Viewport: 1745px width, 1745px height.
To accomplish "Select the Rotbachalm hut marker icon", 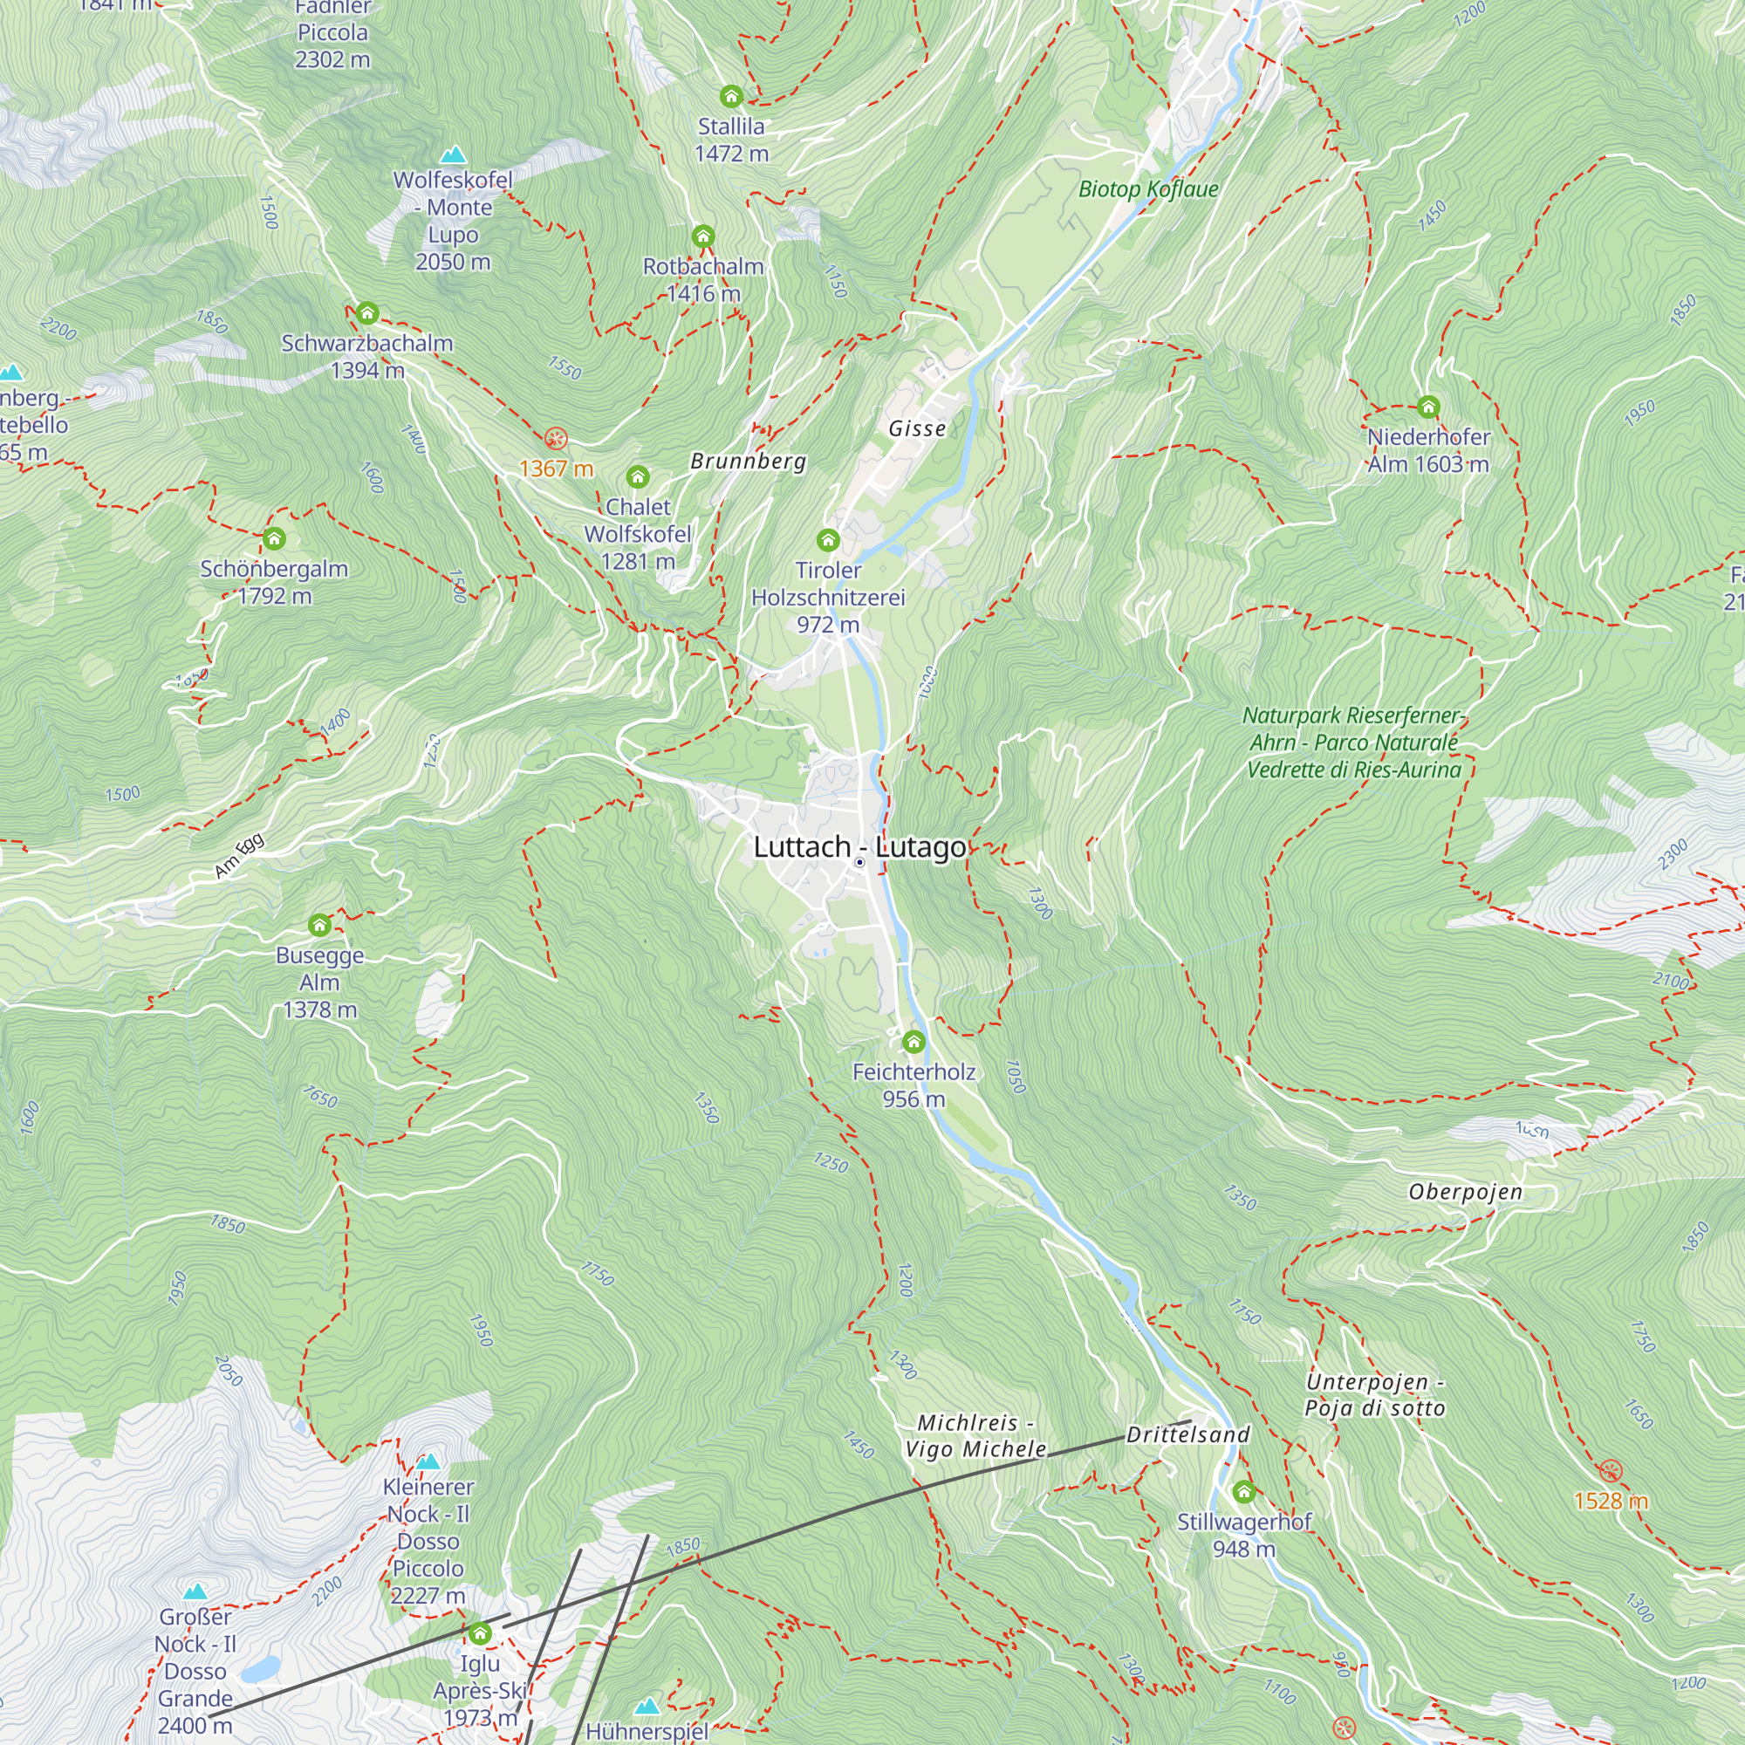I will (x=702, y=236).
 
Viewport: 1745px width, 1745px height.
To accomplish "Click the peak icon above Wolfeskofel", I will (x=453, y=154).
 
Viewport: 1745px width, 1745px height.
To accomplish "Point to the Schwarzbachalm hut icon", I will (x=366, y=313).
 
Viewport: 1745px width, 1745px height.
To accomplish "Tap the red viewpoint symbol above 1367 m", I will (x=557, y=440).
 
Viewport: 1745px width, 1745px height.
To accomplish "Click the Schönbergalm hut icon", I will (x=275, y=539).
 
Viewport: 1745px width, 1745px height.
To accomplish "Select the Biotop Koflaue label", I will (x=1148, y=188).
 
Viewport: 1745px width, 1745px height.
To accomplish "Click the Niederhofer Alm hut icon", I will (x=1428, y=407).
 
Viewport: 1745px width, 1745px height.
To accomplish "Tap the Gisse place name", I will (x=917, y=428).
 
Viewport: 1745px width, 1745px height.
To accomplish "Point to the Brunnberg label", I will (x=748, y=461).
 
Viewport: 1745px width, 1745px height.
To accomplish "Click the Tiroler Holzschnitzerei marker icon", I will (x=827, y=540).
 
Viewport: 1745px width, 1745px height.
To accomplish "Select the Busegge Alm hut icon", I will (x=319, y=925).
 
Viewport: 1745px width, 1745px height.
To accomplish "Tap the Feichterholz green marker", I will (x=914, y=1043).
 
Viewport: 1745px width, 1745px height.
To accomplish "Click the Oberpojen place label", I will (x=1465, y=1191).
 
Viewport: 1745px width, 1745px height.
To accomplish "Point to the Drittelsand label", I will (x=1187, y=1434).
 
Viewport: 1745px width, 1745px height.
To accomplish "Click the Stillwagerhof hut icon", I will (x=1243, y=1491).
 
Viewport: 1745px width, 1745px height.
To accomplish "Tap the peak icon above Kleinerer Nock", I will (x=428, y=1461).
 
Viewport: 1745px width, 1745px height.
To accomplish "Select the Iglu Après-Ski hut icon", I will (x=480, y=1633).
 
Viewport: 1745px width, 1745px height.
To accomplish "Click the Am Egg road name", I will (x=239, y=854).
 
